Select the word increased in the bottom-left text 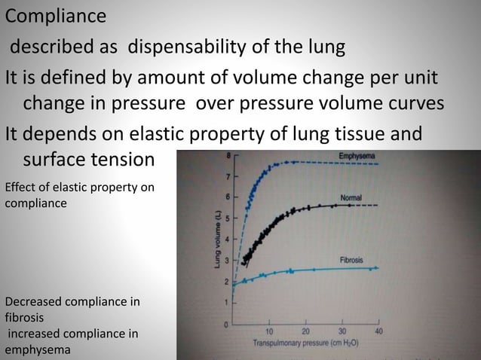coord(37,333)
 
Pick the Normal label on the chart coord(351,197)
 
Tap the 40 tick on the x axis coord(378,331)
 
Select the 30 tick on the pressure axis coord(342,331)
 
